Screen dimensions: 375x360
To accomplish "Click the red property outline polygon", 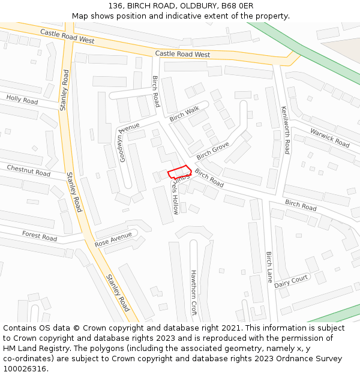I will pyautogui.click(x=179, y=172).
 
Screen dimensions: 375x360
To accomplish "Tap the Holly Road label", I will pyautogui.click(x=22, y=99).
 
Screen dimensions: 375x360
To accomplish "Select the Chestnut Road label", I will pyautogui.click(x=29, y=170).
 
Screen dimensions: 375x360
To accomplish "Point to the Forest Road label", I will pyautogui.click(x=40, y=236).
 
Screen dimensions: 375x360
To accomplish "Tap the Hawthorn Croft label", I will pyautogui.click(x=193, y=292).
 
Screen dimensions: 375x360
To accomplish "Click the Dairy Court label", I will pyautogui.click(x=291, y=281).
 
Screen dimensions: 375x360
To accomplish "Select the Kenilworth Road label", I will pyautogui.click(x=286, y=130).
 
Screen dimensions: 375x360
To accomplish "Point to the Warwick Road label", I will pyautogui.click(x=329, y=138).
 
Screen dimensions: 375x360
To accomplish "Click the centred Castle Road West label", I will pyautogui.click(x=182, y=54).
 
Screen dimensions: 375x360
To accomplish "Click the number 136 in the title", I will pyautogui.click(x=116, y=6).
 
